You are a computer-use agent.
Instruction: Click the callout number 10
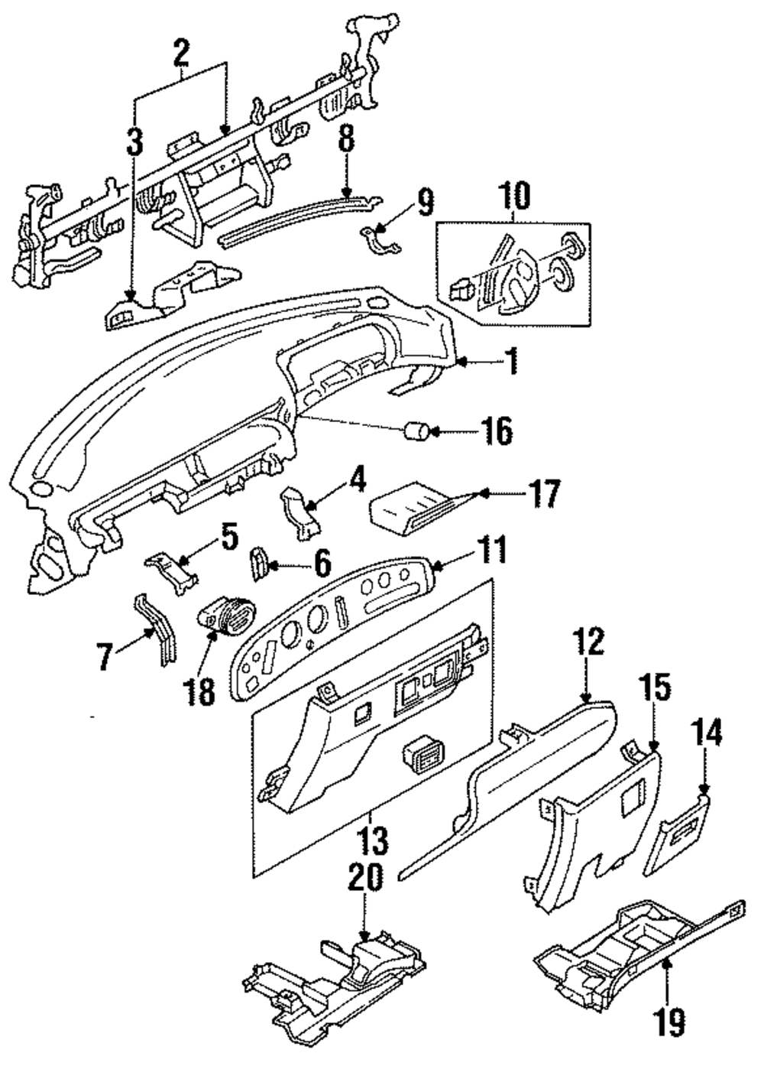click(515, 197)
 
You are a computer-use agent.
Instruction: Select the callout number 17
click(543, 493)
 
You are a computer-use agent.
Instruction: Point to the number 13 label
click(374, 840)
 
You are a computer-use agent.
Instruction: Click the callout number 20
click(365, 876)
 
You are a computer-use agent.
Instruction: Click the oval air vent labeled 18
click(226, 620)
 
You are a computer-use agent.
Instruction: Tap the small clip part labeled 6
click(259, 564)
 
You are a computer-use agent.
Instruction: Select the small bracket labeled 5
click(172, 571)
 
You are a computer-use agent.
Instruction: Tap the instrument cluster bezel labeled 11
click(333, 628)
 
